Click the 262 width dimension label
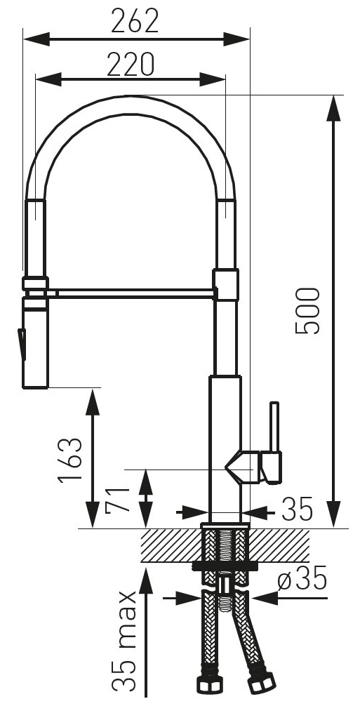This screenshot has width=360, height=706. tap(135, 21)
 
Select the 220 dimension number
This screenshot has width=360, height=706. tap(131, 64)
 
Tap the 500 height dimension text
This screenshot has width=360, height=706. tap(307, 311)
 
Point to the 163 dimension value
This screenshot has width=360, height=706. tap(71, 459)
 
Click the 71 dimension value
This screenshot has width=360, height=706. tap(117, 500)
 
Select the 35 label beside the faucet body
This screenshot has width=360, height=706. tap(297, 509)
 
